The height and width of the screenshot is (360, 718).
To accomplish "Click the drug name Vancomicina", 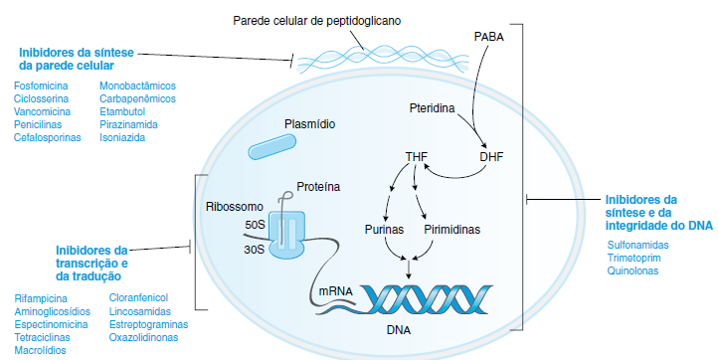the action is [42, 111].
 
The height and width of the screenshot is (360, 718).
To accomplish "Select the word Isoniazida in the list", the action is [122, 137].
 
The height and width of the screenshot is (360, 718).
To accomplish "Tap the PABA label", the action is [489, 37].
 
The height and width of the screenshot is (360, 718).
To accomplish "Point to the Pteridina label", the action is [432, 108].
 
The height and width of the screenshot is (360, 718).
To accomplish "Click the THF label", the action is [417, 157].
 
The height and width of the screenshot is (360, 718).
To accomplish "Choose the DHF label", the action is [491, 157].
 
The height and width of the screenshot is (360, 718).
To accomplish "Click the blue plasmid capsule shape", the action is [272, 146].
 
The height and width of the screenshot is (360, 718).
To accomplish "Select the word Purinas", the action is [384, 229].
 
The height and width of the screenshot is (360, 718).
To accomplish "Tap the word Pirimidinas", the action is [451, 229].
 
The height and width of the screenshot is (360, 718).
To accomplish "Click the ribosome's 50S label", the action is [255, 225].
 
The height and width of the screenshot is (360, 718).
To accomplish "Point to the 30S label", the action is [255, 250].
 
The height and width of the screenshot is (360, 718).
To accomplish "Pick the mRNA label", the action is [336, 290].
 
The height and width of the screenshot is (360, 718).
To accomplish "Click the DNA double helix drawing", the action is [426, 300].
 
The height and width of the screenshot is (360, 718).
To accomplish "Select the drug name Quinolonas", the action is [632, 270].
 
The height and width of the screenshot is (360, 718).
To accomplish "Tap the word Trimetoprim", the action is [633, 258].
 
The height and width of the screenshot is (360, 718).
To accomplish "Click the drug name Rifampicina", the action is [41, 298].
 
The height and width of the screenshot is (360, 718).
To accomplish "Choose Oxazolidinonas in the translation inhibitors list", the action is [143, 337].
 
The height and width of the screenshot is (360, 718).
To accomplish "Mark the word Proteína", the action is [318, 187].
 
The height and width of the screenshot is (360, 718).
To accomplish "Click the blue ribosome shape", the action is [286, 236].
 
